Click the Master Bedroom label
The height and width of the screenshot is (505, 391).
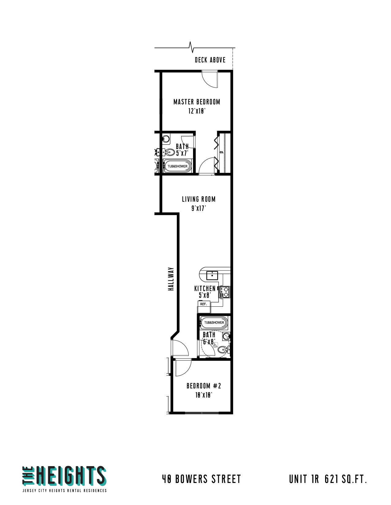tap(196, 102)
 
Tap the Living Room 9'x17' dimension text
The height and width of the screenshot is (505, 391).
tap(198, 208)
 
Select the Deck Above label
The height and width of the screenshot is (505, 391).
tap(210, 60)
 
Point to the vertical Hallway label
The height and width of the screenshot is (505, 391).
tap(171, 279)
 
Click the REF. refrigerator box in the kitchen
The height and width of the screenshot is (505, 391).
tap(203, 304)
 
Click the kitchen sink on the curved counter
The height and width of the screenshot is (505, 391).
tap(212, 275)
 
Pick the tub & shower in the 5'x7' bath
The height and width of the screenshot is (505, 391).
tap(177, 166)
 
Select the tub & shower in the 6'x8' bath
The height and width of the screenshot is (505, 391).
tap(214, 323)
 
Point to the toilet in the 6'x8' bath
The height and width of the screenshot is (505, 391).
tap(223, 349)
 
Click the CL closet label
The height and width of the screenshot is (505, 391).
tap(222, 152)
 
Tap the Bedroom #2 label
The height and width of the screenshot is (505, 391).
tap(204, 386)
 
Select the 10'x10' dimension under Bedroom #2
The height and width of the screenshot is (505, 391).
tap(204, 395)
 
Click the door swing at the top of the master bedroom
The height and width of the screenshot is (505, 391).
tap(210, 79)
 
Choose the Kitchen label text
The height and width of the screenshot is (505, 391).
tap(205, 289)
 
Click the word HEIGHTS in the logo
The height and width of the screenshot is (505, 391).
tap(71, 476)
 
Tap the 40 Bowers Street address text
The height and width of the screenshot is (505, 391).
tap(201, 479)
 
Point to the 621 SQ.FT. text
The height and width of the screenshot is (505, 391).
tap(346, 479)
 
